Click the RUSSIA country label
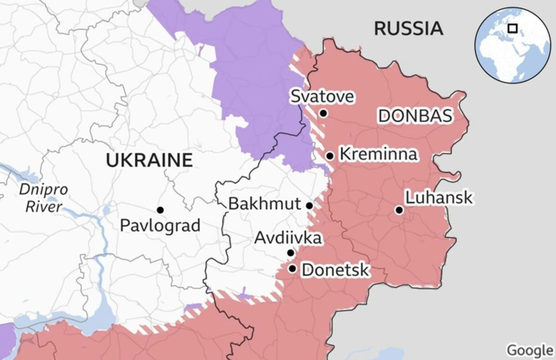point(408,28)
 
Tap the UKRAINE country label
point(149,160)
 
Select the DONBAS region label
point(415,116)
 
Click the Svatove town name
point(322,97)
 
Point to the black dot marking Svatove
point(323,113)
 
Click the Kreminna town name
point(378,154)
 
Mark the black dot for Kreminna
point(330,156)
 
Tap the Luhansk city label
point(439,198)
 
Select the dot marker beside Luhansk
point(399,210)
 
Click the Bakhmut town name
point(264,205)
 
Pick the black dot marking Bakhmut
point(309,206)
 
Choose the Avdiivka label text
point(288,238)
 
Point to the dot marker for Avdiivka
point(291,253)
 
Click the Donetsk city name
point(335,269)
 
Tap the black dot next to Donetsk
point(293,268)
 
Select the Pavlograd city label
point(160,225)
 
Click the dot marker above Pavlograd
point(160,209)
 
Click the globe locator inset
point(512,45)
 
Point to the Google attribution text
point(530,350)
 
